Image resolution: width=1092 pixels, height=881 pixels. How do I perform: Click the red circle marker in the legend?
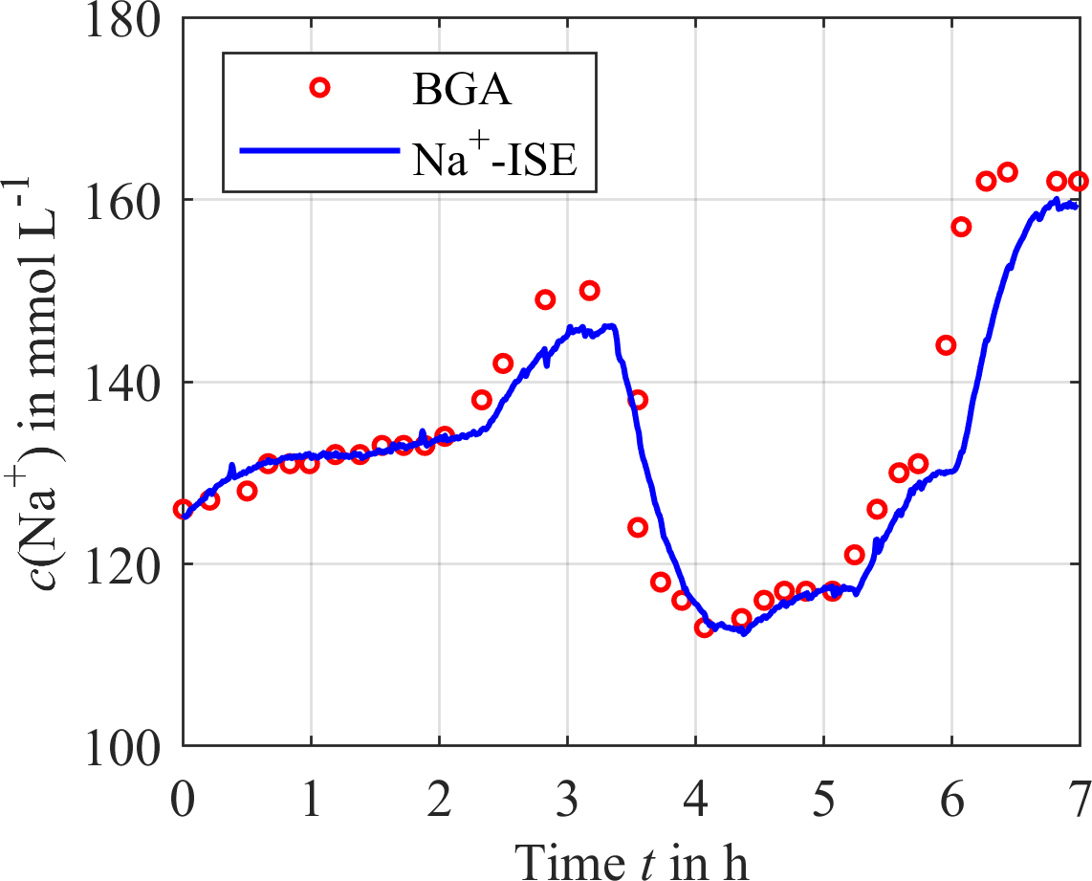tap(319, 88)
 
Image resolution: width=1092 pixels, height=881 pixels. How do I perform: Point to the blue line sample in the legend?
tap(318, 150)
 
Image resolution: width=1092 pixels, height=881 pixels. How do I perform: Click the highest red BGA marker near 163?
tap(1007, 172)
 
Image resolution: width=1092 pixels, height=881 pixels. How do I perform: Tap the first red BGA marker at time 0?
tap(183, 509)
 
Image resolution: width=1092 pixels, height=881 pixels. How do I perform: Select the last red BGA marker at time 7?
tap(1079, 181)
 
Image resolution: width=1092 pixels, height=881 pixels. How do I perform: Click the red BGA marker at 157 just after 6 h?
tap(961, 227)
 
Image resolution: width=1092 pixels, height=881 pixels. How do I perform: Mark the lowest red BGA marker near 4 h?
tap(705, 628)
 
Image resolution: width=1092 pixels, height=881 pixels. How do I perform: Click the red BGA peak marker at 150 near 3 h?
tap(589, 290)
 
